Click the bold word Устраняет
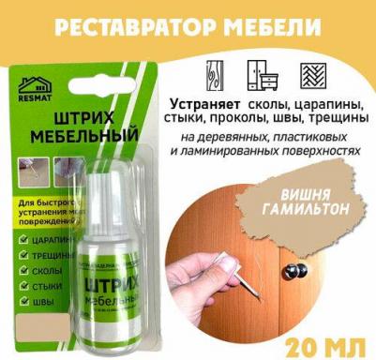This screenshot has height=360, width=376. [209, 101]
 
